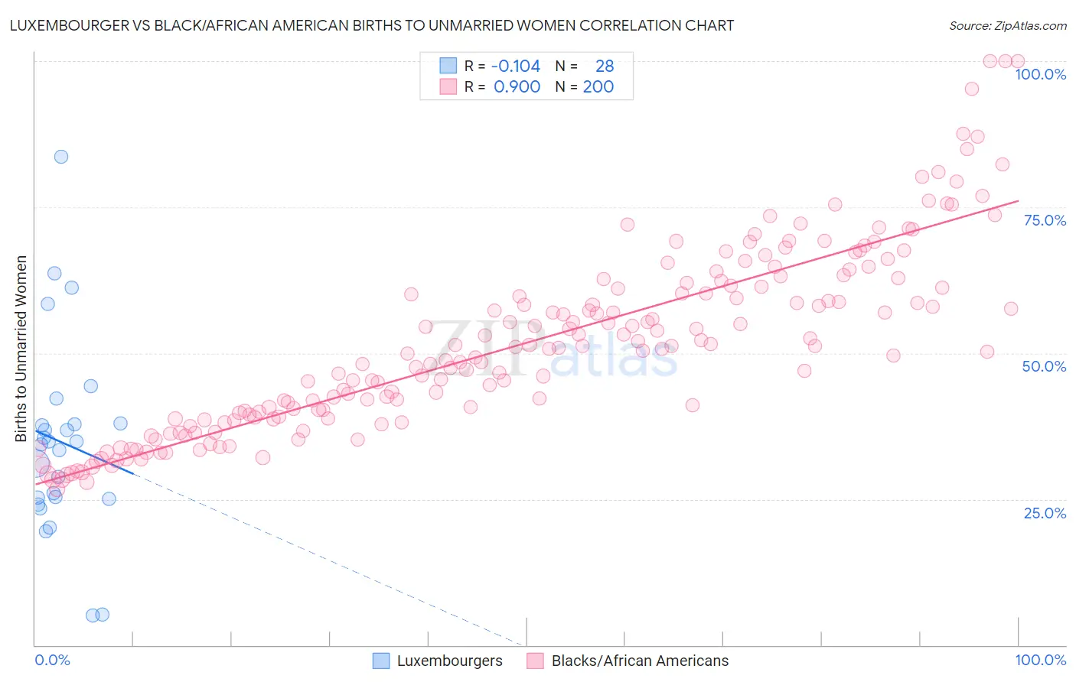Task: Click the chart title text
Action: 372,26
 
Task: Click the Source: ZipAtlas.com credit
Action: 1007,26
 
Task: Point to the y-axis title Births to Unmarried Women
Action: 21,349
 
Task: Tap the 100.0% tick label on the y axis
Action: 1040,74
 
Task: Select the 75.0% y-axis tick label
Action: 1045,220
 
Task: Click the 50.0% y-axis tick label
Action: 1044,366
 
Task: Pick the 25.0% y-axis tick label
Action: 1045,513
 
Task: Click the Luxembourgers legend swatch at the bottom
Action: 381,661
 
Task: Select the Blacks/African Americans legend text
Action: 640,661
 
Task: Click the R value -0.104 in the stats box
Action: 516,67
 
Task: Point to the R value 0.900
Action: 517,87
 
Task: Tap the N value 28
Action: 605,67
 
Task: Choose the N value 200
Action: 598,87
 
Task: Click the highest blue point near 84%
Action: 61,157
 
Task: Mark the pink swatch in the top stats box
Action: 448,87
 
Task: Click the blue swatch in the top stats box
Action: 448,67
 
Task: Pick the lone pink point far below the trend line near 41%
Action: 693,405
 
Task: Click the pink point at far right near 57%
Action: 1011,309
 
